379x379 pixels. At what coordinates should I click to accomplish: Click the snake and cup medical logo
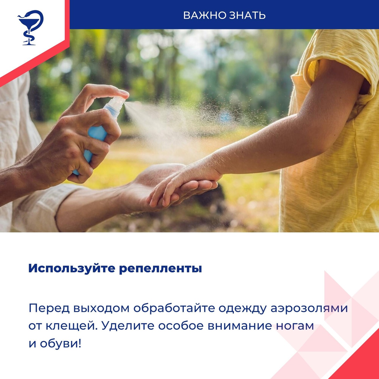30,28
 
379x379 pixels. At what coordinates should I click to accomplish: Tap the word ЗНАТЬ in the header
248,15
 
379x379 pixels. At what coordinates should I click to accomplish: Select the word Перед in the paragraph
49,308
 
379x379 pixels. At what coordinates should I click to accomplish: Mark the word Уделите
128,326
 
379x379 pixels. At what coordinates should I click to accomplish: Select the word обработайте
174,308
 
